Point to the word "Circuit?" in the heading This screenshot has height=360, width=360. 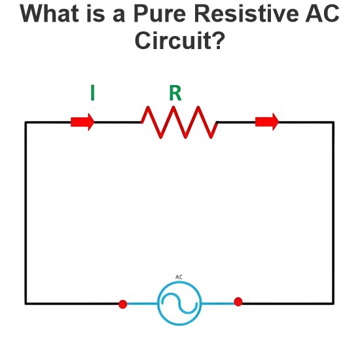(179, 40)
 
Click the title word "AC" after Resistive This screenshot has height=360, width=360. (322, 13)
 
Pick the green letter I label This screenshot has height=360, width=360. (92, 93)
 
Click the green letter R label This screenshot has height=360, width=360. (175, 93)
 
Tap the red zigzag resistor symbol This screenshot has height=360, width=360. (179, 122)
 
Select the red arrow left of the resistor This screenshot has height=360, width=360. (82, 122)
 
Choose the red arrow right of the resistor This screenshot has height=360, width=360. (267, 122)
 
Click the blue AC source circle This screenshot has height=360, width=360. (179, 282)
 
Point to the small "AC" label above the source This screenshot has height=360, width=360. (179, 277)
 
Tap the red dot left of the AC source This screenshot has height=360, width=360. (123, 304)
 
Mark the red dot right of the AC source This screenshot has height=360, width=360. (238, 302)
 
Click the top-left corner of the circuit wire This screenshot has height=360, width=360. (26, 122)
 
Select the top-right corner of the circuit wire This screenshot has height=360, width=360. (333, 122)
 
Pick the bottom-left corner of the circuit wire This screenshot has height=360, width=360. (26, 304)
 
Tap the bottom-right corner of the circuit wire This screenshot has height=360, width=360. (333, 304)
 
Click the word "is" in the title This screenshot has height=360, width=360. (96, 13)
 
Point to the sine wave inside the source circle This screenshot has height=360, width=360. (179, 303)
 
